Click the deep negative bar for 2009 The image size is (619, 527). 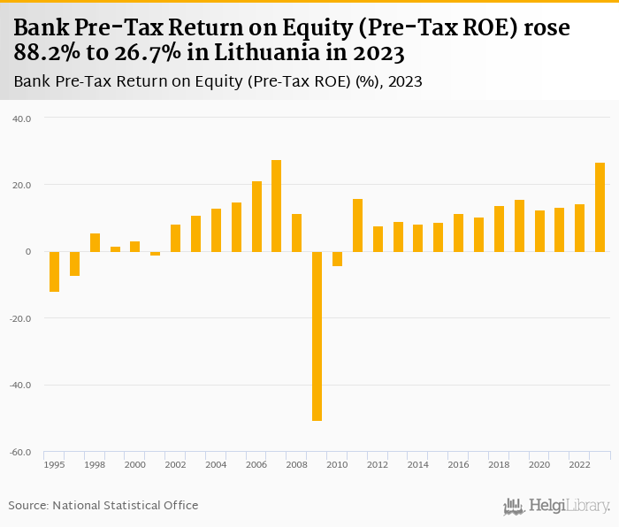[x=317, y=336]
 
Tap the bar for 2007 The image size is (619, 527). [x=276, y=206]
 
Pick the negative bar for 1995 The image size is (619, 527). [x=54, y=271]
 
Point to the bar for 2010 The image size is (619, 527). [x=337, y=259]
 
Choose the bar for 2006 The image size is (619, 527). [x=256, y=217]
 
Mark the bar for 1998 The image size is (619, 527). [x=95, y=242]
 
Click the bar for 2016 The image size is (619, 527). [x=458, y=233]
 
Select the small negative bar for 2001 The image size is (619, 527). [x=155, y=254]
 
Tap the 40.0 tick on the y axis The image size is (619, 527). [x=20, y=118]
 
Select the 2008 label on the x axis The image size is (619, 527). [x=296, y=465]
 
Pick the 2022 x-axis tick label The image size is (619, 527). [x=579, y=465]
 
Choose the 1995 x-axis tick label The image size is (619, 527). [x=54, y=465]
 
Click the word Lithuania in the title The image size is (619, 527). [x=273, y=54]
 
